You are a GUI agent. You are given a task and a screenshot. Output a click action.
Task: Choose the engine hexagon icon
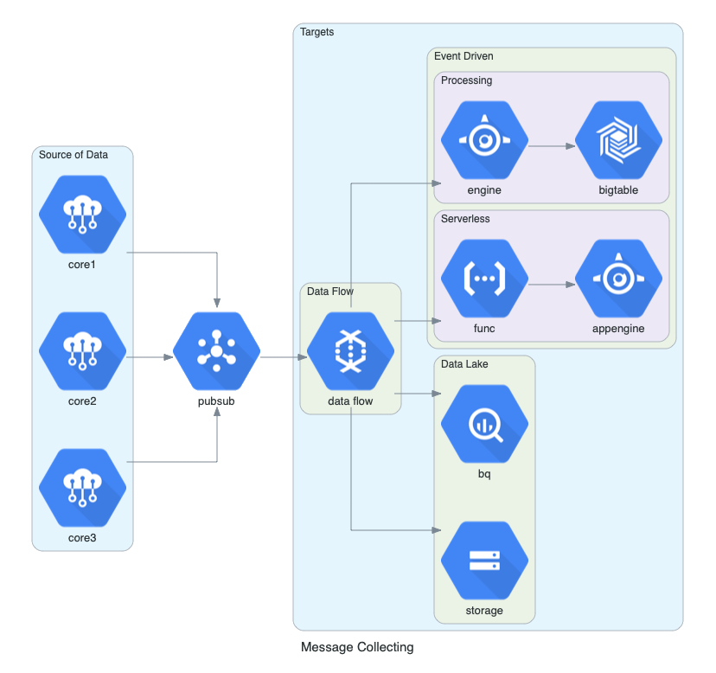[484, 140]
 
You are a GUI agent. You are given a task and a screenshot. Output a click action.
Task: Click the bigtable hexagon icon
[618, 140]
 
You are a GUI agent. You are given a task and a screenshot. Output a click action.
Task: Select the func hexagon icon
[484, 279]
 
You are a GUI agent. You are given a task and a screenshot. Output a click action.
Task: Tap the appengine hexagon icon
[618, 279]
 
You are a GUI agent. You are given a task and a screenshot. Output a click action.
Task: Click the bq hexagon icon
[484, 424]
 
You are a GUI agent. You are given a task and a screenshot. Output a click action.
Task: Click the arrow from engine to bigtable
[551, 146]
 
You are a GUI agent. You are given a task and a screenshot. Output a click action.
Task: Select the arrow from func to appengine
[551, 285]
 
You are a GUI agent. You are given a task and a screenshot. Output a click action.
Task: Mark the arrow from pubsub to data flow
[284, 356]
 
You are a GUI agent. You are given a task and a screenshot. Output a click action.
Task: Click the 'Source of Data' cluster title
[74, 155]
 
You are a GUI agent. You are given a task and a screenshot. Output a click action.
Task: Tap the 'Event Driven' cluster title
[463, 56]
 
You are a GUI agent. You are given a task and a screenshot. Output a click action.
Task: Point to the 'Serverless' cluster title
[465, 219]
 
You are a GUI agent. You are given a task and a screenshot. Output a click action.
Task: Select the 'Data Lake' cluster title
[464, 364]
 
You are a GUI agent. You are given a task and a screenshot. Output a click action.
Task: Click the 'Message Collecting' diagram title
[357, 647]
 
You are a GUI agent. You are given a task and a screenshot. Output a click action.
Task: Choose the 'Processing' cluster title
[466, 80]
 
